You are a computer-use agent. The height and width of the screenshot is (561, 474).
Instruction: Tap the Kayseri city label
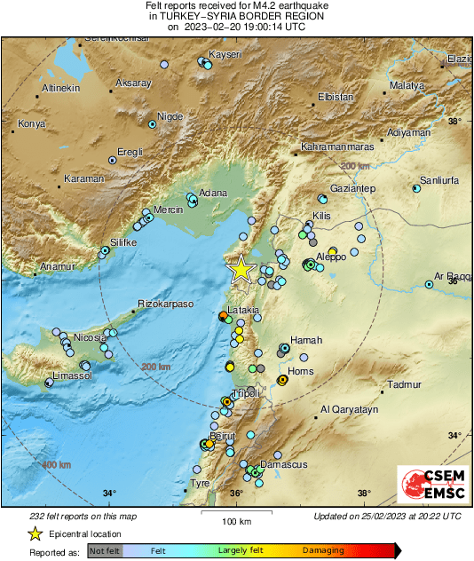[x=225, y=55]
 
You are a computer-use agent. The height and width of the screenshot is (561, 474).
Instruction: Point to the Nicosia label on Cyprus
[x=89, y=337]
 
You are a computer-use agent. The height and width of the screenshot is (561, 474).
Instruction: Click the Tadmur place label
[x=404, y=385]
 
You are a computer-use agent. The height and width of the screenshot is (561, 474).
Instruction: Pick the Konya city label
[x=31, y=123]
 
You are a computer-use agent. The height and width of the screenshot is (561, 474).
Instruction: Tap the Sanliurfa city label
[x=438, y=179]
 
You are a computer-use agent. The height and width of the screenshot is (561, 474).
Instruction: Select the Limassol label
[x=73, y=376]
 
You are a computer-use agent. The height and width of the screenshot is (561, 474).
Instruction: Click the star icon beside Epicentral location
[x=35, y=533]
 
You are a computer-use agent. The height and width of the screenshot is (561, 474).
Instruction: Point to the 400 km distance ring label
[x=56, y=464]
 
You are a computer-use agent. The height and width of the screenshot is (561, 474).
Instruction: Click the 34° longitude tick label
[x=109, y=494]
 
